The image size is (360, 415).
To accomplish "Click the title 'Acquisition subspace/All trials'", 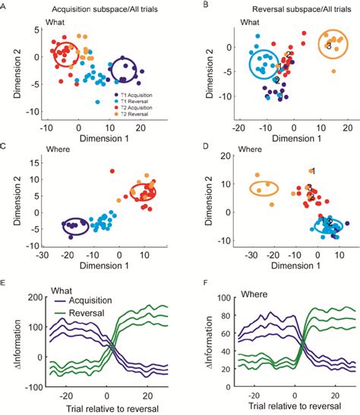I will [x=99, y=7].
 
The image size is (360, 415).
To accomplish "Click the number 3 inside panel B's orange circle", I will [x=328, y=46].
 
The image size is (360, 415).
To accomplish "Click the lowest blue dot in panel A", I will [x=97, y=101].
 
